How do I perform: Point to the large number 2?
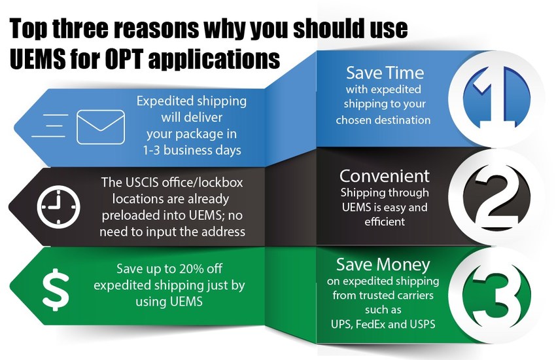click(x=489, y=196)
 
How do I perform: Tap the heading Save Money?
click(x=383, y=264)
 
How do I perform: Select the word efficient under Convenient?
click(x=384, y=222)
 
